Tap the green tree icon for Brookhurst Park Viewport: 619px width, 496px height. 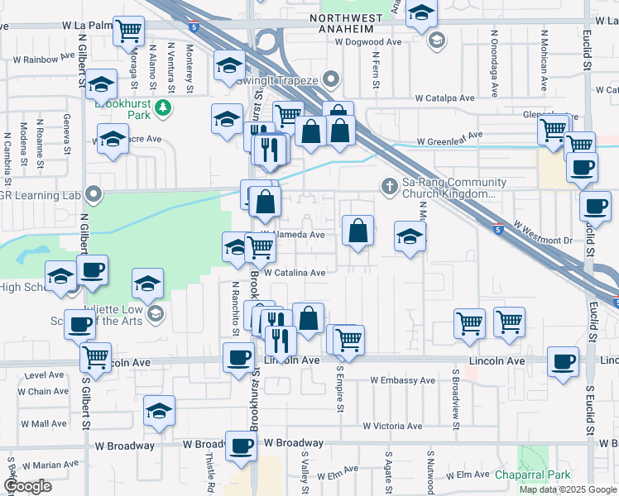(165, 107)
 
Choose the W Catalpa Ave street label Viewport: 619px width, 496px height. (444, 98)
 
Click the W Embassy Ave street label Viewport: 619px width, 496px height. (402, 380)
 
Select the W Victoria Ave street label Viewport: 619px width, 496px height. (393, 427)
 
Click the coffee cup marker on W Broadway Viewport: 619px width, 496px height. (241, 446)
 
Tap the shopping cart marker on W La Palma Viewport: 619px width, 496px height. (128, 31)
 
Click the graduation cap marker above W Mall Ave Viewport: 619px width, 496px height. (159, 410)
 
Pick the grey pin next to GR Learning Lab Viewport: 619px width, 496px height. (94, 196)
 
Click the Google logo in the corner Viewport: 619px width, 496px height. (27, 486)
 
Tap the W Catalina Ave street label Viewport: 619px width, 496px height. (295, 272)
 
